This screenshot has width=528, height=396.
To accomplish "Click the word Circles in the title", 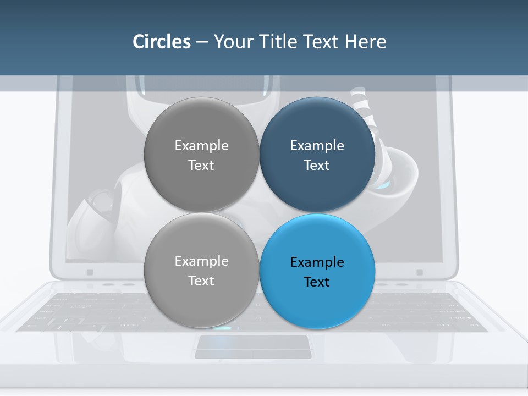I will tap(161, 42).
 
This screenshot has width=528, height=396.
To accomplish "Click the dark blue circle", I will tap(317, 155).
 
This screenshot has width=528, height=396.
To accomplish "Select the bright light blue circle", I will tap(317, 272).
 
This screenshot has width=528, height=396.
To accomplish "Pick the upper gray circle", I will tap(201, 155).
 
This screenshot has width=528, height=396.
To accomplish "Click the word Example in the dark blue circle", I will tap(317, 146).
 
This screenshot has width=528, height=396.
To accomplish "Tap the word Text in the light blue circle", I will tap(317, 282).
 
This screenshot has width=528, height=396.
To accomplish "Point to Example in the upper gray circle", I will tap(201, 146).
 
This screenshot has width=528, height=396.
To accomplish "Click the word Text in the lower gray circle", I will tap(201, 281).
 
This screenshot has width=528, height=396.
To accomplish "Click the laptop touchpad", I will tap(252, 346).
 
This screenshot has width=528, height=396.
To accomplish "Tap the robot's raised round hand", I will tap(397, 176).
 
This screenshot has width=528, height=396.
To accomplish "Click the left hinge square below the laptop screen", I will tap(90, 272).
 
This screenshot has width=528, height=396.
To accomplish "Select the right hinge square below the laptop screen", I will tap(420, 272).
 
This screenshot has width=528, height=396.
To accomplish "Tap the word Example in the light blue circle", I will tap(317, 262).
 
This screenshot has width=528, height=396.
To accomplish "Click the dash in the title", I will tap(201, 42).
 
